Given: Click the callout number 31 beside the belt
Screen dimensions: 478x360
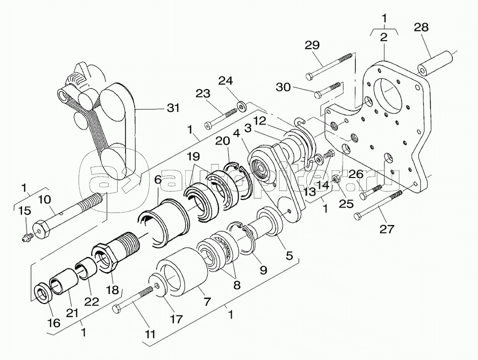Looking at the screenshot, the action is click(173, 108).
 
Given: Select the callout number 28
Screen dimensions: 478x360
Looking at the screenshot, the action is click(421, 27).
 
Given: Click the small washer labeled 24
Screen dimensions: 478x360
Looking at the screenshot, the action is click(243, 107).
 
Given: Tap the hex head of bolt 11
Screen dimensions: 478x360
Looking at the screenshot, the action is click(117, 309).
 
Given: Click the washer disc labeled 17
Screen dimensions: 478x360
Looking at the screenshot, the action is click(158, 285).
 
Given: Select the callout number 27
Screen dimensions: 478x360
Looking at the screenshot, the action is click(386, 228).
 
